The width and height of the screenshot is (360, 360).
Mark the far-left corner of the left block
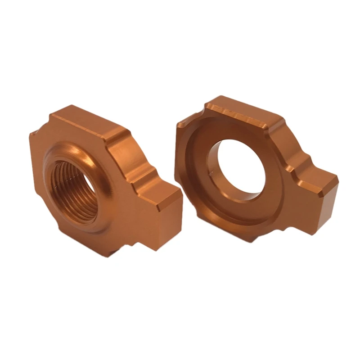pyautogui.click(x=32, y=135)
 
